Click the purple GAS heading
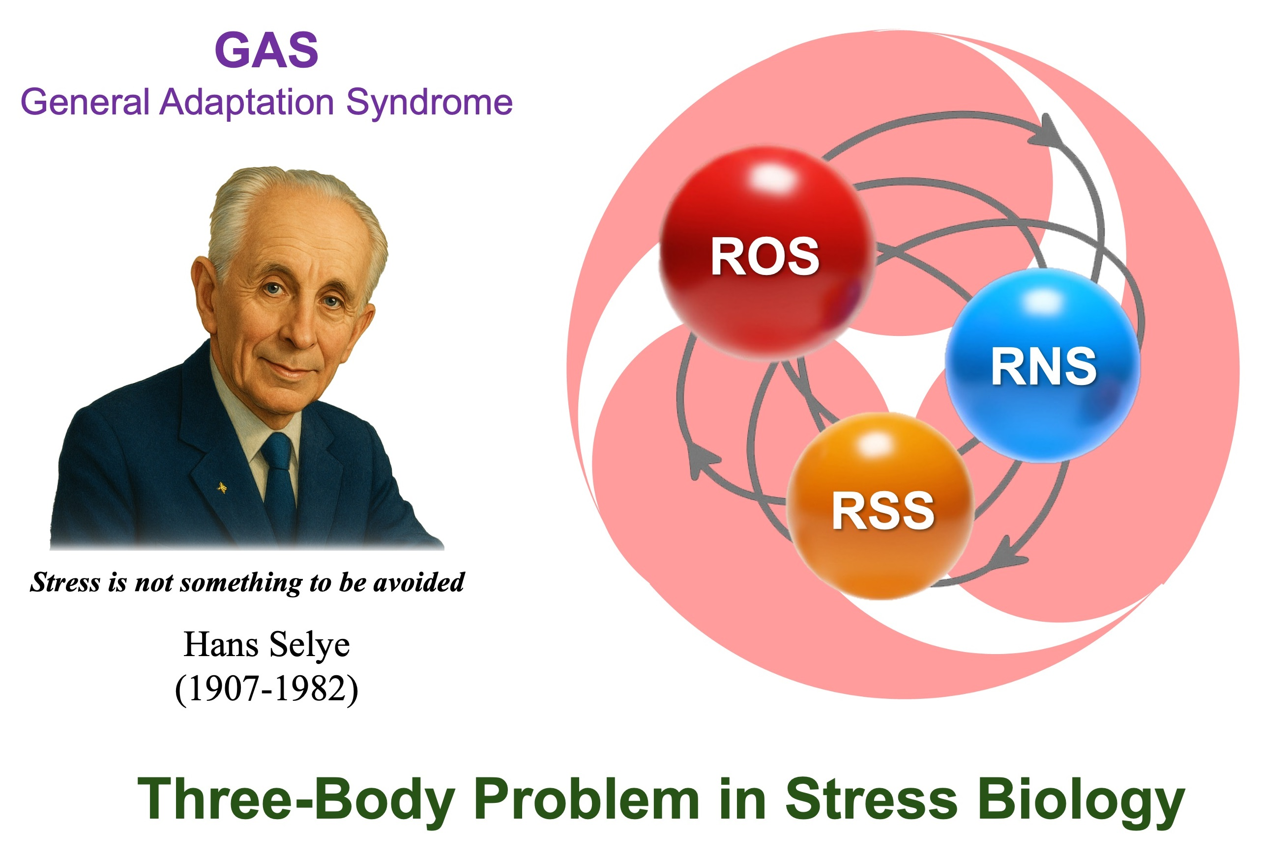tap(266, 50)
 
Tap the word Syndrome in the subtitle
tap(429, 103)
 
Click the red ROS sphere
tap(767, 253)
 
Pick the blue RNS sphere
tap(1043, 365)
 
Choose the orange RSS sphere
tap(880, 505)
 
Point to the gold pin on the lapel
tap(222, 488)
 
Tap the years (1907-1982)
tap(266, 689)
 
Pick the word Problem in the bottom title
tap(587, 798)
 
